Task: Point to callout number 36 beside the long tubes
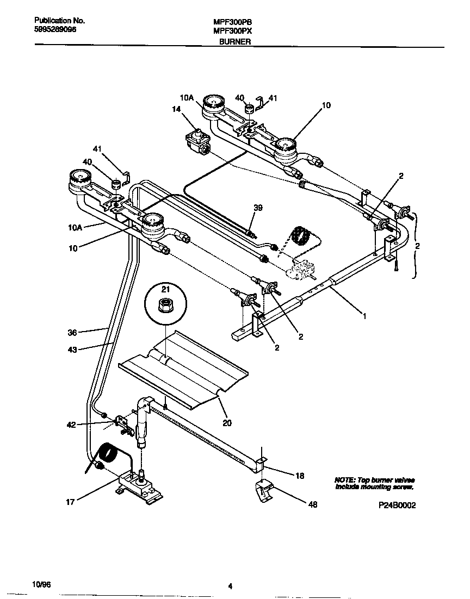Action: [x=72, y=331]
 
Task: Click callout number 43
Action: [x=72, y=350]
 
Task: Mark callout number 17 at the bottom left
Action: [x=71, y=502]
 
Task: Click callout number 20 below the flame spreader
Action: [x=226, y=421]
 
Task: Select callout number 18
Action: [x=299, y=476]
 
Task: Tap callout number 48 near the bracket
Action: [x=312, y=505]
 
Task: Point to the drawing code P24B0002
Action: [x=397, y=505]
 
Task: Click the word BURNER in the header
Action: [x=234, y=41]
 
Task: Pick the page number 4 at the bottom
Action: [x=231, y=586]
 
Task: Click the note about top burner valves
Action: [x=374, y=484]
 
